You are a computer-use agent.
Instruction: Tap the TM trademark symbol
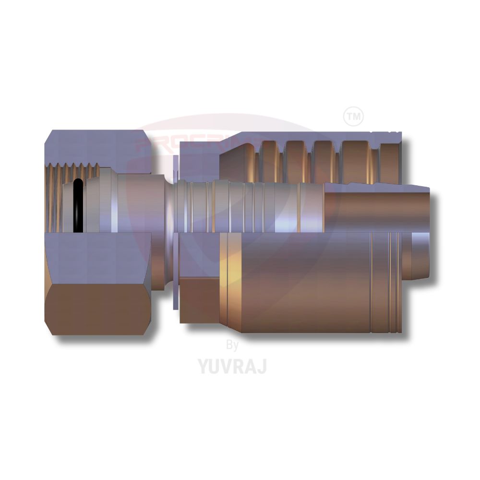point(354,116)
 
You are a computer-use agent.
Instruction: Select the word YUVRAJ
point(232,366)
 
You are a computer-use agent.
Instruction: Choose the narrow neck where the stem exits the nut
point(171,206)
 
